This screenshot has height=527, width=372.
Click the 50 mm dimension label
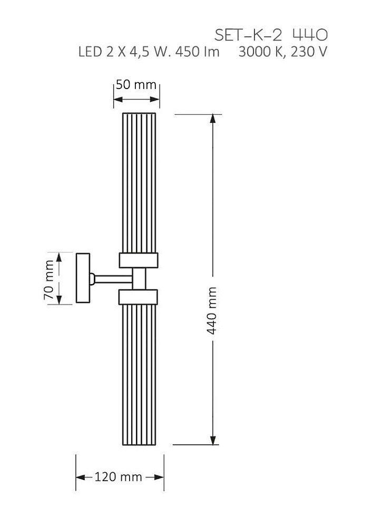[x=136, y=84]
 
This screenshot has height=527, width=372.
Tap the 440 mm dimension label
[x=212, y=310]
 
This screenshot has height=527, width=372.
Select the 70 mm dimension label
[x=50, y=279]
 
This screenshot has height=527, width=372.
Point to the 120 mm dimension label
[x=118, y=476]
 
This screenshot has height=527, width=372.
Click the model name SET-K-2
[x=248, y=35]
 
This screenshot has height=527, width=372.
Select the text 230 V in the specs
[x=309, y=52]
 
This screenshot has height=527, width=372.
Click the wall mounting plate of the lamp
[x=83, y=278]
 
